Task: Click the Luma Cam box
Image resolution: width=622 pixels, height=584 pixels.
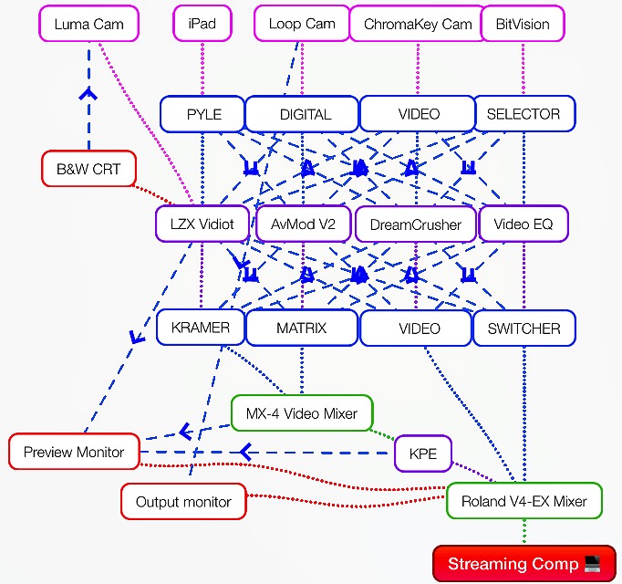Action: [x=88, y=24]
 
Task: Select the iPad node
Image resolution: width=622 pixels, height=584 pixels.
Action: [x=202, y=24]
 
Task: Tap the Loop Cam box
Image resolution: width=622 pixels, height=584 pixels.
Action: [x=302, y=24]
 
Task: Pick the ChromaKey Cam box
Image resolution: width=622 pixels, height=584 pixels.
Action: [x=418, y=24]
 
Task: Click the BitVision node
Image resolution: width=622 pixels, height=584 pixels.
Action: [x=523, y=24]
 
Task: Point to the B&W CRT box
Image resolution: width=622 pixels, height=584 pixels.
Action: [x=88, y=169]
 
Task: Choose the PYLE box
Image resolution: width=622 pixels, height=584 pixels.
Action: [x=202, y=114]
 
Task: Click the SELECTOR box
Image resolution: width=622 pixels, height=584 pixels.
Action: [x=524, y=114]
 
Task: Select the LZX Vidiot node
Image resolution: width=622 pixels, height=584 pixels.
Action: [x=202, y=224]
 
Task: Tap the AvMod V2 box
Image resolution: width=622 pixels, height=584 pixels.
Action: [x=304, y=224]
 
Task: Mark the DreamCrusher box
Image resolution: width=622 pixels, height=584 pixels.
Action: [x=416, y=224]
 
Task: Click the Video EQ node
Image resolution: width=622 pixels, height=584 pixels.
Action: [x=524, y=224]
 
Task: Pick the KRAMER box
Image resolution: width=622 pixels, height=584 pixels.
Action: [x=201, y=328]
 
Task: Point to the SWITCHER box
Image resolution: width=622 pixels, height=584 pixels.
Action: [x=524, y=328]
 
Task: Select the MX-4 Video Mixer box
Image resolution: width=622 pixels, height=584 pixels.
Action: [x=302, y=413]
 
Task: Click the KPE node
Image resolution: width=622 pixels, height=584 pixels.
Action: [x=423, y=454]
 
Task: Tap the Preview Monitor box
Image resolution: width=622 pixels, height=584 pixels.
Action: [x=74, y=452]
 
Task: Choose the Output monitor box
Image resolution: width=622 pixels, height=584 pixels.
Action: [x=183, y=502]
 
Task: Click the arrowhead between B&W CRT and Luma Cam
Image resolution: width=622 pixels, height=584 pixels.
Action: [x=88, y=94]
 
